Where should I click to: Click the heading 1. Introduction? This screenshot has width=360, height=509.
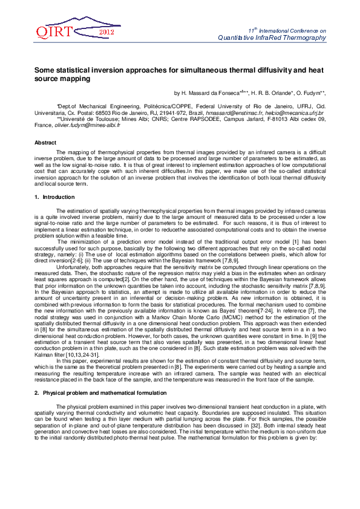pyautogui.click(x=54, y=197)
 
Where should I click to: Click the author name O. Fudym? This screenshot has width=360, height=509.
pyautogui.click(x=310, y=93)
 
